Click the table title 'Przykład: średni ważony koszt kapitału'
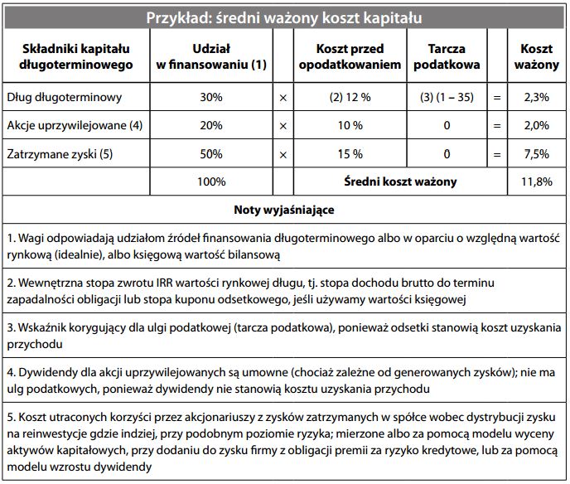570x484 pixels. coord(284,17)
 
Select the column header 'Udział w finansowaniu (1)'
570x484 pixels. coord(211,56)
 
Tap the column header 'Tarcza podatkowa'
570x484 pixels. coord(447,56)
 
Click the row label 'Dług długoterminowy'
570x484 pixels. coord(64,98)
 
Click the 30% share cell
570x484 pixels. coord(211,98)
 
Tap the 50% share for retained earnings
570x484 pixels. coord(211,153)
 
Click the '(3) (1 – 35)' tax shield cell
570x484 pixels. coord(447,98)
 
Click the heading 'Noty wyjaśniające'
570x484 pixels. coord(284,210)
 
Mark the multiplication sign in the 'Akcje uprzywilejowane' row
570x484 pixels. coord(283,126)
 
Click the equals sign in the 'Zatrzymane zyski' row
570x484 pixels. coord(497,154)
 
